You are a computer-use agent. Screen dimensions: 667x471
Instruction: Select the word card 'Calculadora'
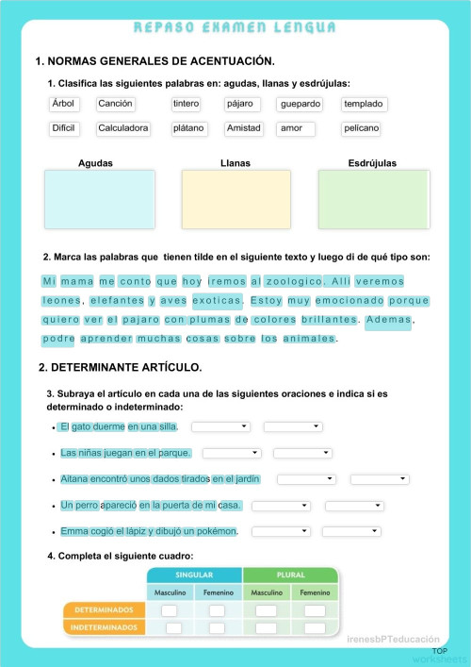123,128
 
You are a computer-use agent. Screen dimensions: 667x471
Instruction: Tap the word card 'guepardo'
301,104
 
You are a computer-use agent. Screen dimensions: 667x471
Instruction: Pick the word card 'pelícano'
362,128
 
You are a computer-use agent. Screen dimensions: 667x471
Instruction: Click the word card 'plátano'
189,128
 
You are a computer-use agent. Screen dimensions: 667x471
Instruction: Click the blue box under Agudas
99,198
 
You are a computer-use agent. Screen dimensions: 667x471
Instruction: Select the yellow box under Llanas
235,198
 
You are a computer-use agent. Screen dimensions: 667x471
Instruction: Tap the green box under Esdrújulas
373,198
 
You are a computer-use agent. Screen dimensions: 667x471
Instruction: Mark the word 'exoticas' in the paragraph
218,301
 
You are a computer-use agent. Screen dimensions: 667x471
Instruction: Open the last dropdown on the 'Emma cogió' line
350,531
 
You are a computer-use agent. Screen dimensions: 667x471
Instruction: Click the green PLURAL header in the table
290,575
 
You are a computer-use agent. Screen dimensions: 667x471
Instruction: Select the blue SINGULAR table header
194,575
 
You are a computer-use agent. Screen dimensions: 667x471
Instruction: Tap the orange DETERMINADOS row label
104,610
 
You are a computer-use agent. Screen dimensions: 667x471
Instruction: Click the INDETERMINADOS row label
104,626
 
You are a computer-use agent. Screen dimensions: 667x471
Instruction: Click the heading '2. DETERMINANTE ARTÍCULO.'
121,367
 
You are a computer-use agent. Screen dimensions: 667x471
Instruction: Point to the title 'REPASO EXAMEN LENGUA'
235,28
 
